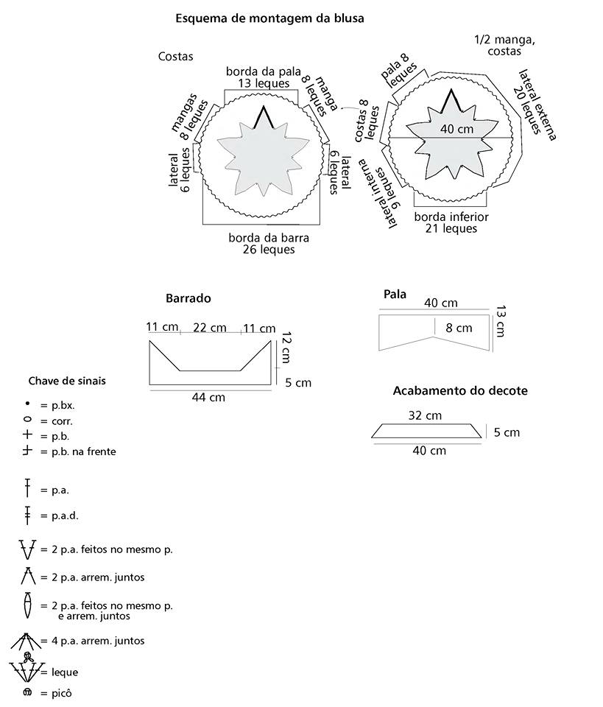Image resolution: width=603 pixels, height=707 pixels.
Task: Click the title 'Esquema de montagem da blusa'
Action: click(269, 18)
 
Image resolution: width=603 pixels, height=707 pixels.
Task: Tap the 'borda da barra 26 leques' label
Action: click(268, 244)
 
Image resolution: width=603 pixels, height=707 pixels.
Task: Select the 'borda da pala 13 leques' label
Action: click(263, 77)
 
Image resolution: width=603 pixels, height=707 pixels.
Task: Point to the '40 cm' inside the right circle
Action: click(458, 129)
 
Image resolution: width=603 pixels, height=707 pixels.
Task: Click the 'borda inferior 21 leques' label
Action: click(451, 222)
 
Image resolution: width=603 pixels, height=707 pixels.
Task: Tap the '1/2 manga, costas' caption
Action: click(504, 46)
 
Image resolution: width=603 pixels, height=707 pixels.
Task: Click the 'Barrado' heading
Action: click(188, 298)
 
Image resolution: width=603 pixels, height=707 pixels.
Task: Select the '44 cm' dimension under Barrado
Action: click(208, 398)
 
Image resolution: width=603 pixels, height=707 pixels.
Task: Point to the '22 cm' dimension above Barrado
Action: click(209, 328)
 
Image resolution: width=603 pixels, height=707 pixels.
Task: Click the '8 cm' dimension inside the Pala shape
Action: click(459, 328)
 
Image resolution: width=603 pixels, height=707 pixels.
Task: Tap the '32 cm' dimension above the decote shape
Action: click(425, 415)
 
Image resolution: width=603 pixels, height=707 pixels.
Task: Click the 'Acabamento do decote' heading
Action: click(460, 390)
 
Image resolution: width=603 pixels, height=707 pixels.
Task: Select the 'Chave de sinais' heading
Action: click(67, 381)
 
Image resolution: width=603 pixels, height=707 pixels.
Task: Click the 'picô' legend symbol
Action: click(28, 693)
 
